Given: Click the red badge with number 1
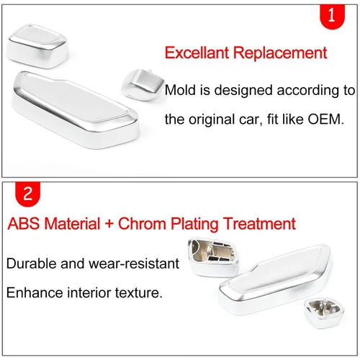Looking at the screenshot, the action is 332,17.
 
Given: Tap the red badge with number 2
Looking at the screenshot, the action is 27,194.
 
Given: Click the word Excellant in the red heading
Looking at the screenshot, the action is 197,53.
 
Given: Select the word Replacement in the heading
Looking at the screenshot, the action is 280,53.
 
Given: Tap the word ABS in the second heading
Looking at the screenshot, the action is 23,223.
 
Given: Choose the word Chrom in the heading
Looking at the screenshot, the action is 142,224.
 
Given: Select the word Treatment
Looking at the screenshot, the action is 259,224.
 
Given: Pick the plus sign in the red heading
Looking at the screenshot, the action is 109,224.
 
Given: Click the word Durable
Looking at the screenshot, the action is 32,264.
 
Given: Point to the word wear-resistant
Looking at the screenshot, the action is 134,264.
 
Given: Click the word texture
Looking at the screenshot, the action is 137,293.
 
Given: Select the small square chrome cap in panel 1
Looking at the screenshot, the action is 37,45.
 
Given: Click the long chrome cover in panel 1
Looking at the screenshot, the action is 75,109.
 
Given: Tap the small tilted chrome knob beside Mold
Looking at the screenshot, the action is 143,84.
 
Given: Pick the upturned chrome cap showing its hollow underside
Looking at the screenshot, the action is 214,257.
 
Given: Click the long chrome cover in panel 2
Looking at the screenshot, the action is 276,279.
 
